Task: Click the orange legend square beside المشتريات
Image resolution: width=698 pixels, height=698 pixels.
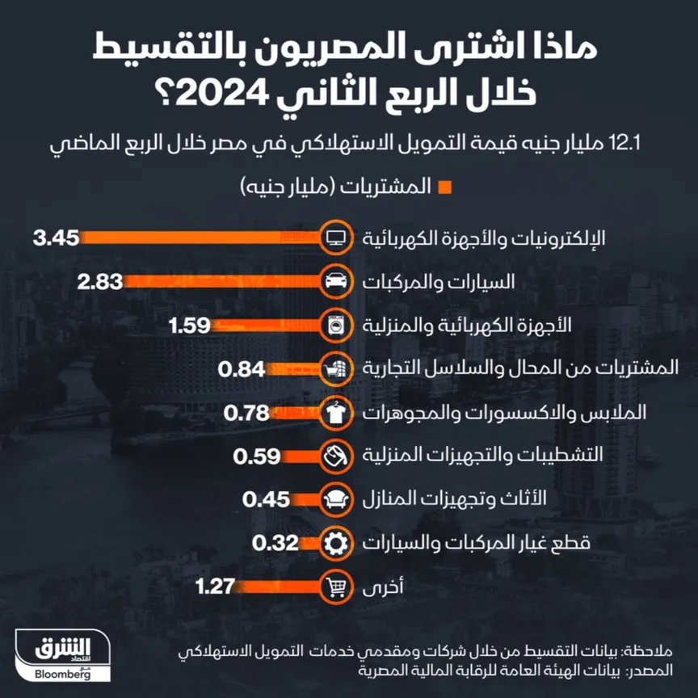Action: (x=443, y=188)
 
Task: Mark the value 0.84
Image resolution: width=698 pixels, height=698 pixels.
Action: (x=242, y=369)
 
